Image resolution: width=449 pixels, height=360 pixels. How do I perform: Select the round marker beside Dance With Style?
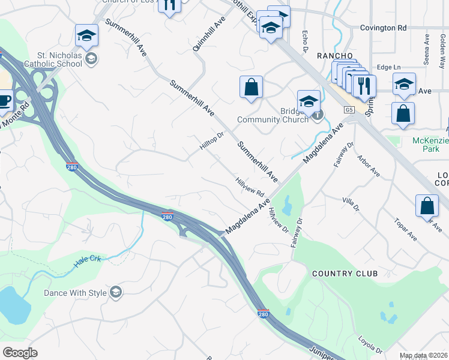click(116, 292)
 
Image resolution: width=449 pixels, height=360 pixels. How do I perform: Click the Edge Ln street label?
click(388, 68)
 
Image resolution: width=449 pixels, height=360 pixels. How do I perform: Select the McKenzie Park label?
click(430, 144)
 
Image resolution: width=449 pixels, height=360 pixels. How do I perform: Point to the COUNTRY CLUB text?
click(345, 274)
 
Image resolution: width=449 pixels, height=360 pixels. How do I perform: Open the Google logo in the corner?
click(20, 352)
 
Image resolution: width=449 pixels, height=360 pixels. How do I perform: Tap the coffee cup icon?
click(5, 101)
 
